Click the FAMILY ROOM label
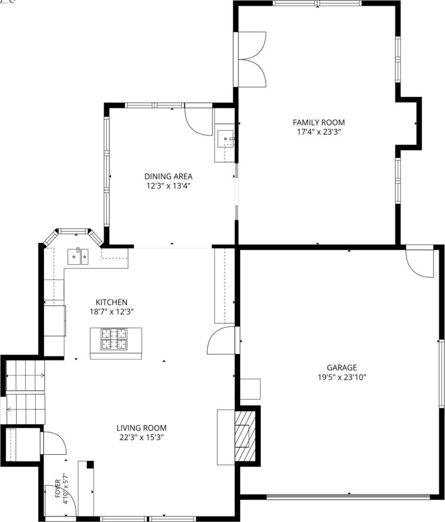coord(319,122)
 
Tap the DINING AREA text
coord(168,176)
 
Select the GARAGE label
coord(342,367)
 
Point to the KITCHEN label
coord(112,302)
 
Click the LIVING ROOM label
coord(141,428)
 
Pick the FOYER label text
coord(58,488)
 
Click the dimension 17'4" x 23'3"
coord(319,132)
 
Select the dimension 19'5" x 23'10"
coord(342,377)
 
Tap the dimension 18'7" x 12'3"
coord(112,312)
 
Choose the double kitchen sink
coord(78,257)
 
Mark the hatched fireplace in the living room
coord(245,436)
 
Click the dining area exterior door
coord(198,120)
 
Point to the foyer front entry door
coord(60,500)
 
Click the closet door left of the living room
coord(53,443)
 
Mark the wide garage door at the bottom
coord(348,496)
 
